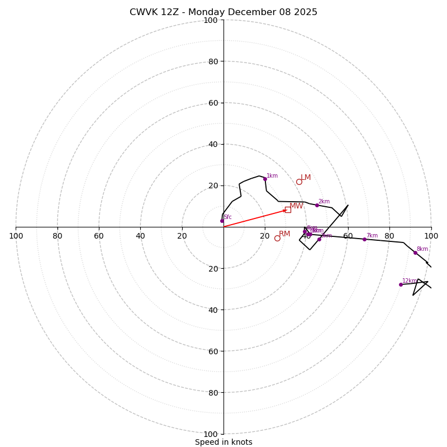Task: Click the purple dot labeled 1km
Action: (265, 179)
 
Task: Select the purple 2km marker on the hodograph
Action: (317, 205)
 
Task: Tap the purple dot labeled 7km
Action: (364, 239)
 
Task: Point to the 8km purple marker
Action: (415, 253)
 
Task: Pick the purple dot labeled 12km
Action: (401, 284)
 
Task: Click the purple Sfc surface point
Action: (222, 221)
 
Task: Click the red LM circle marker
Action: (299, 182)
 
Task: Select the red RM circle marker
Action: (277, 238)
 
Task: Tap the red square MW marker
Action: (288, 210)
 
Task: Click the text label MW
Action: (296, 206)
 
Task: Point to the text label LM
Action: (306, 178)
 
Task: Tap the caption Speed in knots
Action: (223, 443)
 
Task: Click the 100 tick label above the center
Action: (210, 21)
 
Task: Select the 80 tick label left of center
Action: (58, 236)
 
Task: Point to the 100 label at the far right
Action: (431, 236)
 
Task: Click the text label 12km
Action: (409, 281)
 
